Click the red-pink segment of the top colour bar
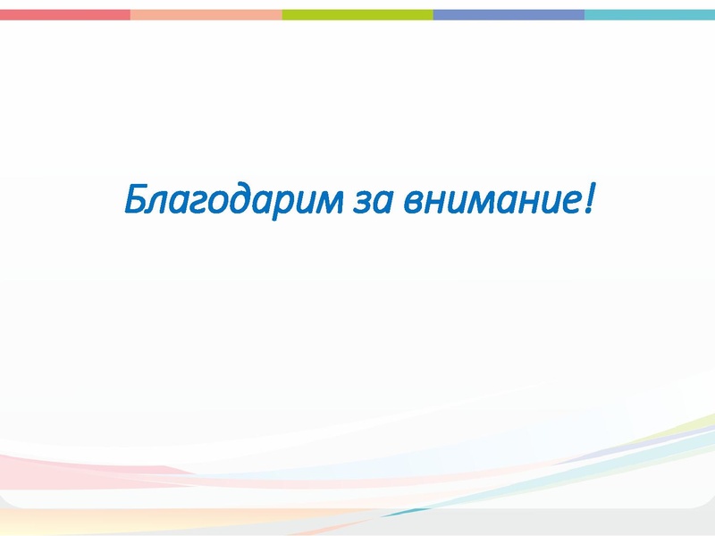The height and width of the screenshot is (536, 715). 64,14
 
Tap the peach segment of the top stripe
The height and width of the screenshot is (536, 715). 206,14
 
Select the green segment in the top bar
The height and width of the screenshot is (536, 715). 357,14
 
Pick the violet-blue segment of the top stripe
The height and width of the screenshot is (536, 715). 509,14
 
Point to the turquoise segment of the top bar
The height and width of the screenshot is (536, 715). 650,14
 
